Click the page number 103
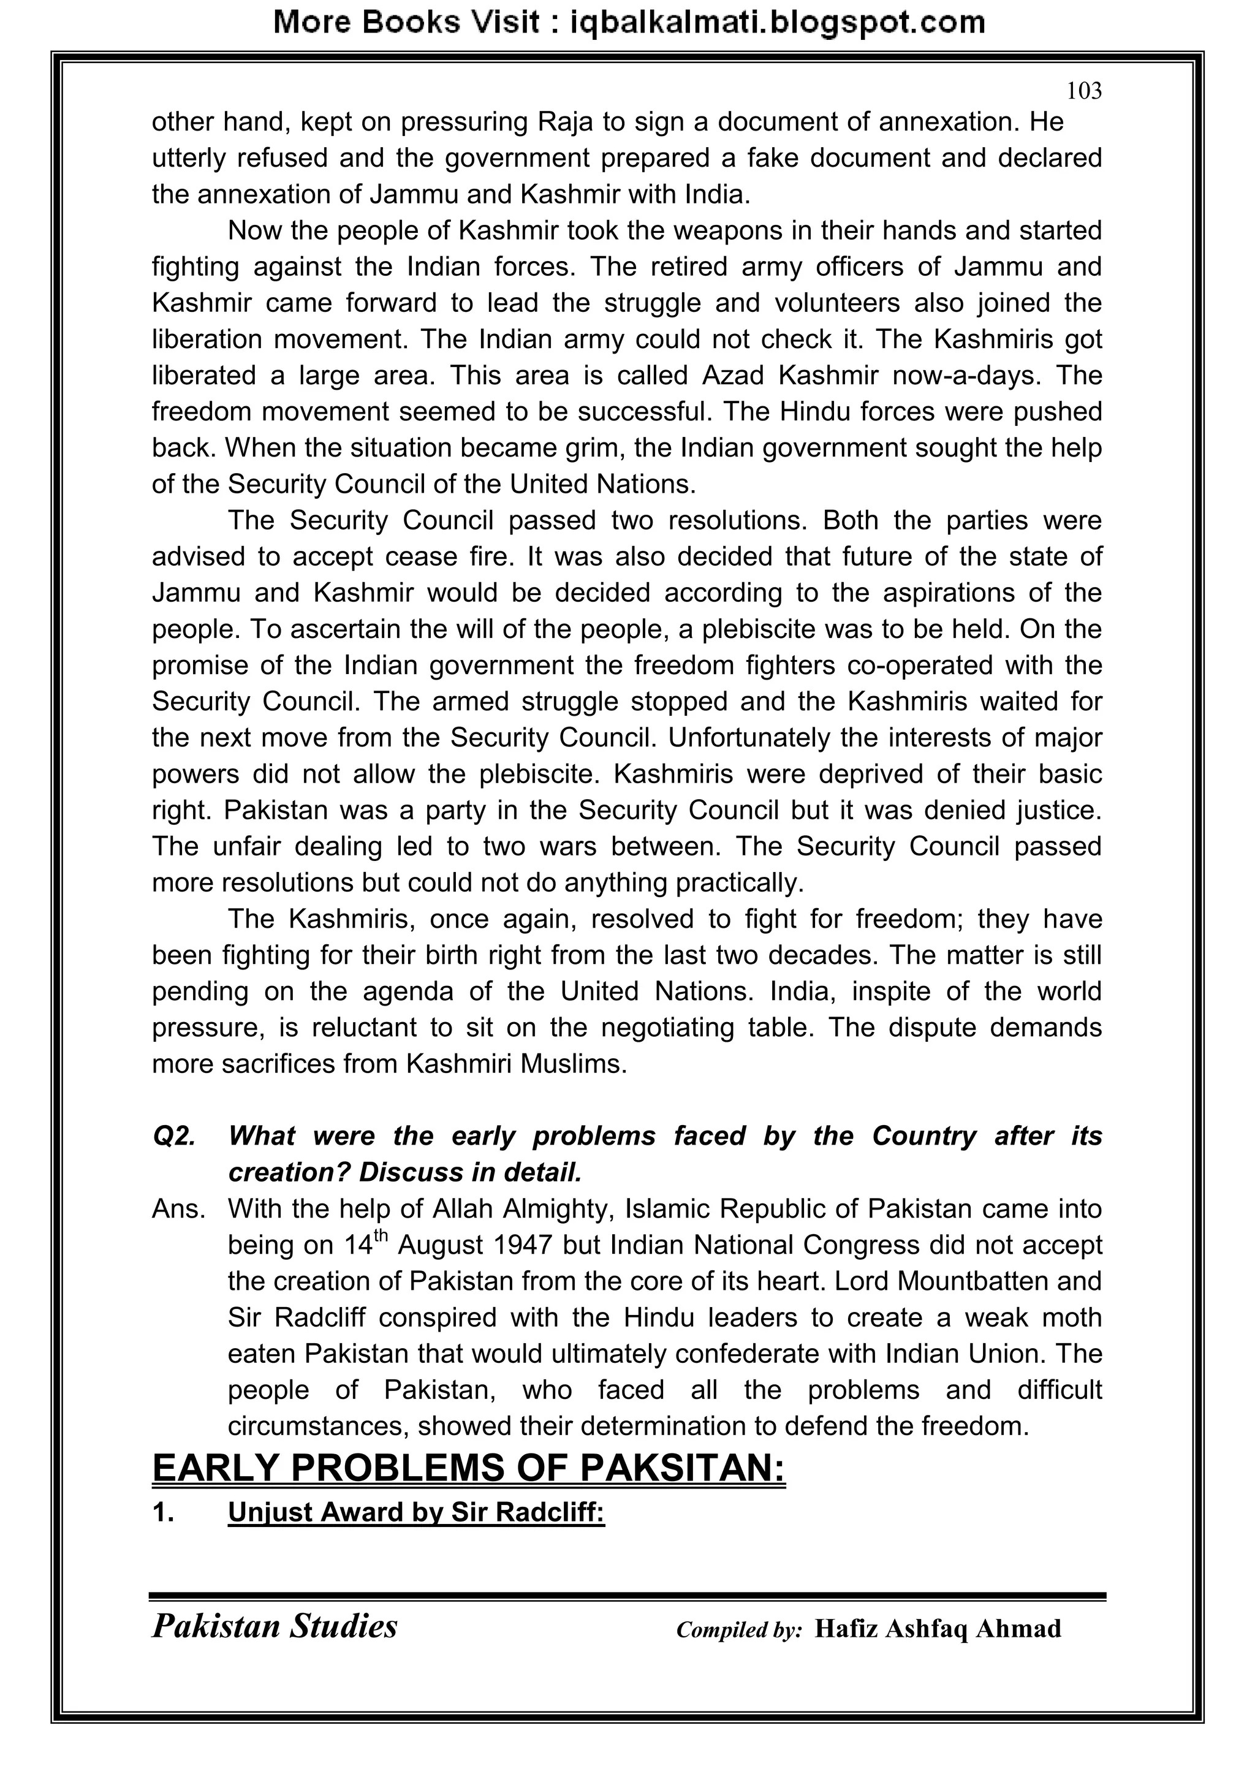[1083, 91]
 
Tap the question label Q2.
[174, 1137]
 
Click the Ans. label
[178, 1209]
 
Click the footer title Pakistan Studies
[275, 1626]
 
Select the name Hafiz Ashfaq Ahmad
[938, 1629]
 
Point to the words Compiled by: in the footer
[739, 1629]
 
